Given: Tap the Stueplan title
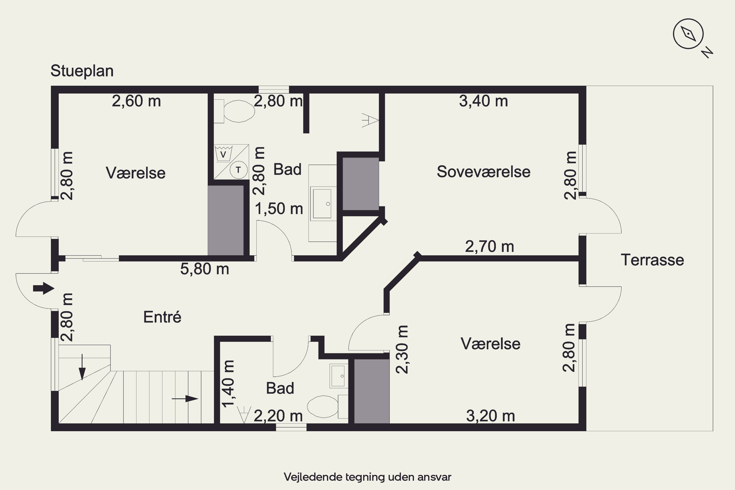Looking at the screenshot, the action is click(82, 71).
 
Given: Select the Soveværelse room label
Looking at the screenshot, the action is click(483, 171).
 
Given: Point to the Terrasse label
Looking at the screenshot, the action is click(652, 260).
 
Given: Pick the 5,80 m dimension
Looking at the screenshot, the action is click(205, 269).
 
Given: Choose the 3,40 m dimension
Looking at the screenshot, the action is click(483, 101).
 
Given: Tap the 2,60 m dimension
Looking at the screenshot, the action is click(136, 101).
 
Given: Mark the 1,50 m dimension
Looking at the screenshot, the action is click(279, 209).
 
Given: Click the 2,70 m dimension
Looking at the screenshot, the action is click(489, 246).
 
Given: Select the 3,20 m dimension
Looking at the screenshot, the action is click(490, 416).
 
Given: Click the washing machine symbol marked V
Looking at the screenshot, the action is click(223, 153).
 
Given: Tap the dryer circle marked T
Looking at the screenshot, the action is click(238, 170).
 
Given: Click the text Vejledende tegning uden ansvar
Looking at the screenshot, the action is click(367, 477).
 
